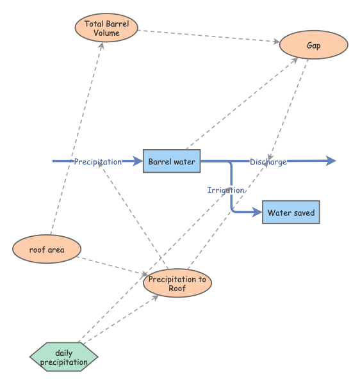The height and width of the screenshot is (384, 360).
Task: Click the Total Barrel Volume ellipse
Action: point(106,29)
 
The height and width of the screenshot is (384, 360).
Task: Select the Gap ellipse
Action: point(313,46)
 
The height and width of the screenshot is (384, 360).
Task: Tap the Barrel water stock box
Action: point(172,162)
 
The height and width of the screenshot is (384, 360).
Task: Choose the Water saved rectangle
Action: point(291,212)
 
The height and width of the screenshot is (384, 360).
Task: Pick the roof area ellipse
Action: point(47,249)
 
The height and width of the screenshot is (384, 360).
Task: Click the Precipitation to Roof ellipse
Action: point(177,284)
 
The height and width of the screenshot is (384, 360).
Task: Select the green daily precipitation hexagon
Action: point(63,358)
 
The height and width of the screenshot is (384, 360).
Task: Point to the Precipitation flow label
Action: point(97,162)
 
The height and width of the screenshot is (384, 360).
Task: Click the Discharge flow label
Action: point(268,162)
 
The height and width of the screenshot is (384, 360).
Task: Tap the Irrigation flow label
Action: point(225,190)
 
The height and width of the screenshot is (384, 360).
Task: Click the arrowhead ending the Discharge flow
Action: point(331,161)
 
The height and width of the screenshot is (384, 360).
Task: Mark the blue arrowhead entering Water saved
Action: point(258,212)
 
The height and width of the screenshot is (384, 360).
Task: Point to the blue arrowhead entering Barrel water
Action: point(138,161)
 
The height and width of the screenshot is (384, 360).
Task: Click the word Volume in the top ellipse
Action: point(106,33)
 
